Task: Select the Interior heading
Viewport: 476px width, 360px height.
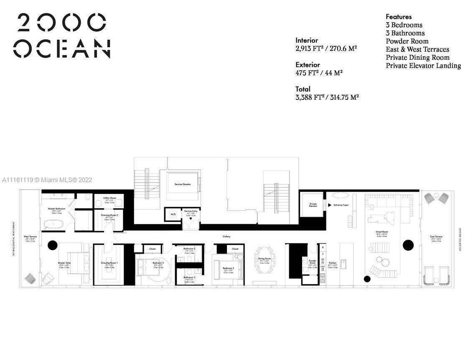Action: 307,41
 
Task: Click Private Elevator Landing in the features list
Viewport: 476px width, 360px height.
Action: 423,66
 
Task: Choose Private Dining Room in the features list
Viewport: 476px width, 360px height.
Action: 417,57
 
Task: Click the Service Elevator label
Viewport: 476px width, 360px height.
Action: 183,184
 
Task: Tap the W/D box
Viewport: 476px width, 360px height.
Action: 173,214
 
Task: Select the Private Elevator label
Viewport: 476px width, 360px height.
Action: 313,204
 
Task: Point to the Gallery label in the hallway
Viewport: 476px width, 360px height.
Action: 227,236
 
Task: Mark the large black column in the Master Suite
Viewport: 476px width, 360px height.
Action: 52,245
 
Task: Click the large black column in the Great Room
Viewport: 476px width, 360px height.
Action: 408,245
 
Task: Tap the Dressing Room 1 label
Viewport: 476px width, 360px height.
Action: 109,263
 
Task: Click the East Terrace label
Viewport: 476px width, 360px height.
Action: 436,237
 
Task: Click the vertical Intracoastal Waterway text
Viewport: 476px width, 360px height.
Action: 14,238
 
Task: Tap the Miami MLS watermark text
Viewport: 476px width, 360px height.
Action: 47,180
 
